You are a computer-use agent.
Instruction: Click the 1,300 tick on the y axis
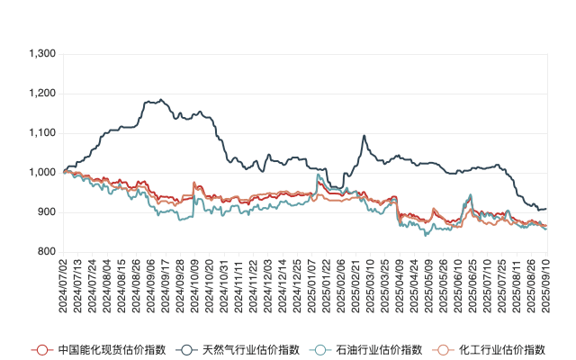pyautogui.click(x=43, y=54)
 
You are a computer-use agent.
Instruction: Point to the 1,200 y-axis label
pyautogui.click(x=43, y=94)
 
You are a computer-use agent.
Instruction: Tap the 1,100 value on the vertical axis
pyautogui.click(x=43, y=133)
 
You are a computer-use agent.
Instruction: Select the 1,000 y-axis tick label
pyautogui.click(x=43, y=173)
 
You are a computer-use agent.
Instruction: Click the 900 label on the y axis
pyautogui.click(x=47, y=212)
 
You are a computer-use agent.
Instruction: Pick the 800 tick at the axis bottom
pyautogui.click(x=47, y=252)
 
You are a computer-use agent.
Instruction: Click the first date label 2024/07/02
pyautogui.click(x=63, y=286)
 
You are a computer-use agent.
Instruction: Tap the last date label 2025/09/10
pyautogui.click(x=545, y=286)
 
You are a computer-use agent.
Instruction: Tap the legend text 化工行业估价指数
pyautogui.click(x=501, y=349)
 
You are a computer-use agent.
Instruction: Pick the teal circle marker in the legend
pyautogui.click(x=319, y=349)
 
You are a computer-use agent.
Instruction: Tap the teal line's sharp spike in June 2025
pyautogui.click(x=470, y=195)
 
